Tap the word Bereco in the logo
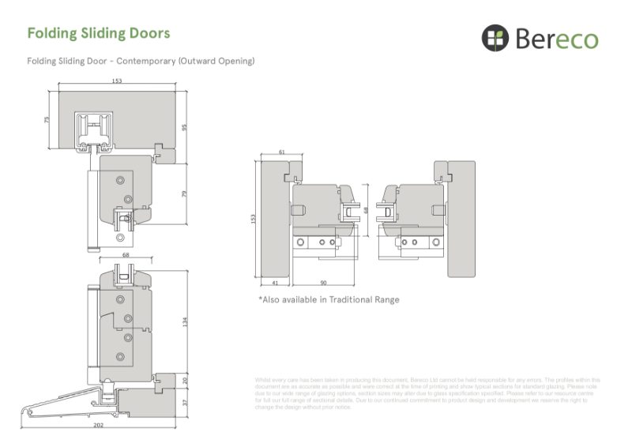click(x=559, y=38)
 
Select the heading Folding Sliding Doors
click(x=99, y=33)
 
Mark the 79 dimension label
click(x=185, y=193)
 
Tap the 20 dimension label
click(x=185, y=379)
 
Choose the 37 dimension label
click(x=185, y=401)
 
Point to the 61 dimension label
click(x=282, y=152)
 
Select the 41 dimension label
click(x=274, y=281)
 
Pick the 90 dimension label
click(x=324, y=281)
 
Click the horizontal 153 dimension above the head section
click(x=116, y=81)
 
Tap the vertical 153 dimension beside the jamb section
click(x=254, y=218)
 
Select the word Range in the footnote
click(x=386, y=300)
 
